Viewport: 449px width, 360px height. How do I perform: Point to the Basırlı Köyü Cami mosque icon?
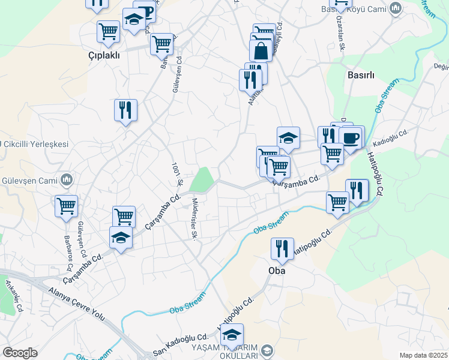(x=395, y=8)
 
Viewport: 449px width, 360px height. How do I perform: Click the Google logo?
(x=20, y=353)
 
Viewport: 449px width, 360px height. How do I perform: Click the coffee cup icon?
(x=352, y=137)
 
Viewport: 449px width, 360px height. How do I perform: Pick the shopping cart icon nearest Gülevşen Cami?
(x=66, y=206)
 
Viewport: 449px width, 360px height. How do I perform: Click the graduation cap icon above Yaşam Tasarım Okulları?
(x=231, y=334)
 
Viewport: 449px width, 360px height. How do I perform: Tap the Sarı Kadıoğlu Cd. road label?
(x=180, y=344)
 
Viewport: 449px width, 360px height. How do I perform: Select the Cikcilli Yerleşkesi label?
(x=35, y=145)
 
